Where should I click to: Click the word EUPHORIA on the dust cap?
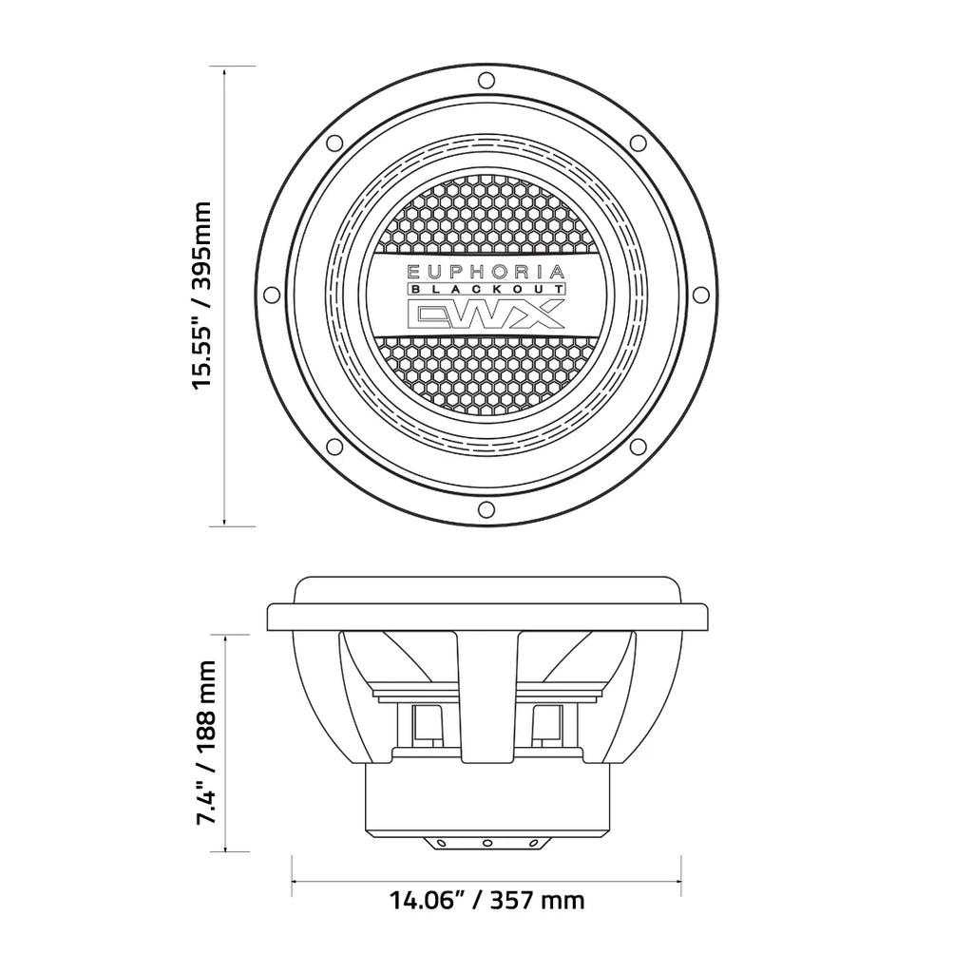[486, 271]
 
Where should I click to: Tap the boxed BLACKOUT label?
[486, 289]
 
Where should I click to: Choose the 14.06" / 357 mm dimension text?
[486, 899]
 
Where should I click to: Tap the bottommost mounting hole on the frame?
[486, 509]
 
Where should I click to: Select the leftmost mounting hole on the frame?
[271, 294]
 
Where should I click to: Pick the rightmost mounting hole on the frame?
[702, 294]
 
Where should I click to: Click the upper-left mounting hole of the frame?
[334, 143]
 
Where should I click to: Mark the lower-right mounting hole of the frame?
[639, 447]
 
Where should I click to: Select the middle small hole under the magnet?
[486, 842]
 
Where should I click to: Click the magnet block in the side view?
[486, 798]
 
